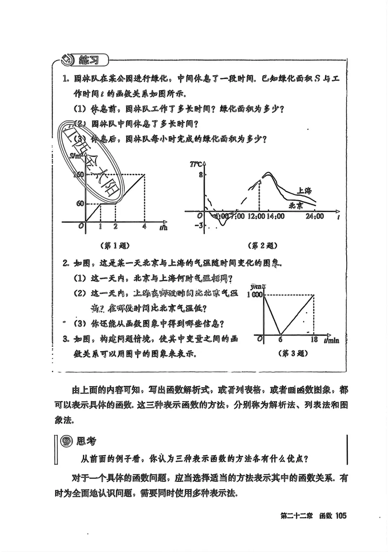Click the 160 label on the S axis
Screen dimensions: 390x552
pyautogui.click(x=78, y=175)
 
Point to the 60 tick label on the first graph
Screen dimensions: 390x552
pyautogui.click(x=80, y=203)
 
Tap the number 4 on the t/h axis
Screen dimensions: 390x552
pyautogui.click(x=144, y=227)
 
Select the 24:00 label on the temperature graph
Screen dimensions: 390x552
pyautogui.click(x=315, y=216)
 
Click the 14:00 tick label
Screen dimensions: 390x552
pyautogui.click(x=276, y=216)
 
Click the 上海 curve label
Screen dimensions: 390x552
pyautogui.click(x=304, y=190)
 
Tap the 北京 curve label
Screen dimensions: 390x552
pyautogui.click(x=296, y=206)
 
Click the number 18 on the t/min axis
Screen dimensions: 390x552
pyautogui.click(x=314, y=340)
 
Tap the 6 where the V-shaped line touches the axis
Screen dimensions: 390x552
pyautogui.click(x=280, y=340)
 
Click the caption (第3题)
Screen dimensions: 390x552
pyautogui.click(x=293, y=354)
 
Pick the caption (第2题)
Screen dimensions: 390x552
pyautogui.click(x=263, y=246)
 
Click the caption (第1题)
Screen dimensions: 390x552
pyautogui.click(x=115, y=246)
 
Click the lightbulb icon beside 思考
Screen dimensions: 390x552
pyautogui.click(x=66, y=441)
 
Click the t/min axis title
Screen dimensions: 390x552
pyautogui.click(x=331, y=340)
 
